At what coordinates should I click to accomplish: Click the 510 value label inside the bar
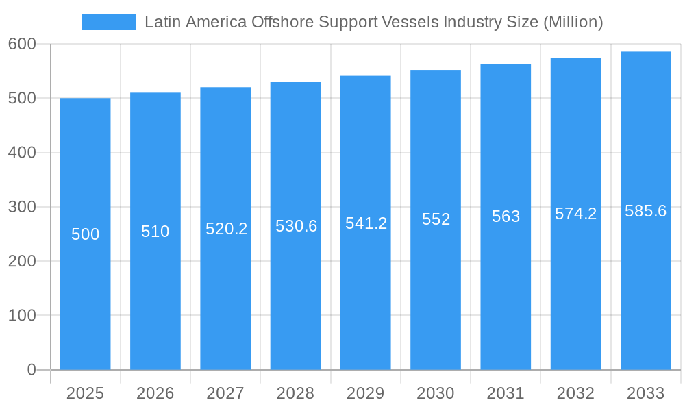click(155, 232)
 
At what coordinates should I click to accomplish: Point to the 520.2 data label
click(226, 229)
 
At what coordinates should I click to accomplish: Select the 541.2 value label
click(366, 223)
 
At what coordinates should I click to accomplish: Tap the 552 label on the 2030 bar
click(436, 219)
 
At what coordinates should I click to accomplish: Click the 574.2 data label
click(575, 214)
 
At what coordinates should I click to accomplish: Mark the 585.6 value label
click(645, 211)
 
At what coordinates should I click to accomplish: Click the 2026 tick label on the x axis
click(155, 393)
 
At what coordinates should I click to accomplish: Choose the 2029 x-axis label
click(365, 393)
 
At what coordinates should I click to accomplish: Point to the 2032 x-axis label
click(575, 393)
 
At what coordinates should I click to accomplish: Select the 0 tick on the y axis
click(32, 370)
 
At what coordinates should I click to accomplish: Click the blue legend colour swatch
click(108, 22)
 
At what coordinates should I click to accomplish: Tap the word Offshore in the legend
click(282, 22)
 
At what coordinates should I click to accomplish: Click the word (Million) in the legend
click(573, 22)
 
